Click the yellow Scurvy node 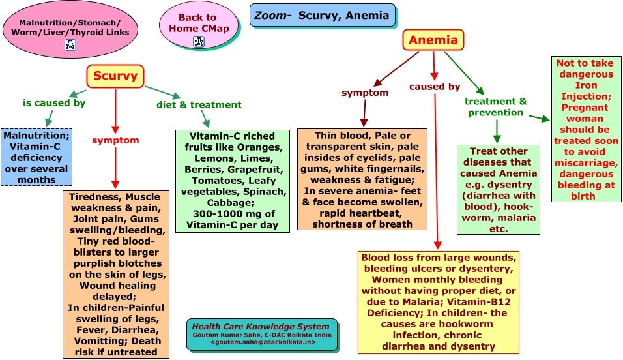click(x=115, y=76)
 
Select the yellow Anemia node click(x=433, y=40)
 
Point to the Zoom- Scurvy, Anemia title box click(x=322, y=15)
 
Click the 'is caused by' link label click(x=54, y=102)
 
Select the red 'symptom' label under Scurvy click(x=115, y=140)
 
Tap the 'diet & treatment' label click(x=199, y=104)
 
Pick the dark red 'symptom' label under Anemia click(x=365, y=93)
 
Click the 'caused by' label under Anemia click(x=435, y=86)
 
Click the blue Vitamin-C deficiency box click(x=36, y=157)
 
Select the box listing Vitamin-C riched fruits click(x=231, y=180)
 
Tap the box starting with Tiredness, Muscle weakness click(x=116, y=274)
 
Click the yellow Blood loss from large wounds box click(x=439, y=302)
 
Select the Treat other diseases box click(x=499, y=190)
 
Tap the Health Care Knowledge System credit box click(x=262, y=334)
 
